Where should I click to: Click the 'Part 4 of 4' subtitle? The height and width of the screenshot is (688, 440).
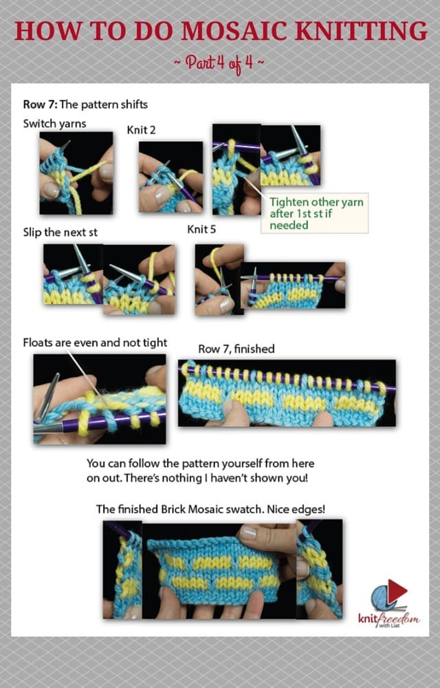pos(219,63)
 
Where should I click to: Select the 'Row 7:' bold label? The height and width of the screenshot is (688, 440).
pos(40,105)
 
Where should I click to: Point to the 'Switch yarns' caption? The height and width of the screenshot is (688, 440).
pos(55,124)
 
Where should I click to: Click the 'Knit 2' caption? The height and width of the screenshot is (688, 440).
pos(141,130)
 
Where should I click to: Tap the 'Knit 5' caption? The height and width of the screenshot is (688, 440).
pos(201,229)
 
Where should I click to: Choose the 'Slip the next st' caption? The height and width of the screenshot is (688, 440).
pos(60,233)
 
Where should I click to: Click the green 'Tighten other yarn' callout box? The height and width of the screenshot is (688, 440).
pos(315,213)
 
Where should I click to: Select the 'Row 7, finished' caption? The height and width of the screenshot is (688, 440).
pos(236,349)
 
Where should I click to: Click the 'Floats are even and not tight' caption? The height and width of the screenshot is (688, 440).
pos(95,343)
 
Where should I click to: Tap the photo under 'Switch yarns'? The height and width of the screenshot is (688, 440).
pos(76,173)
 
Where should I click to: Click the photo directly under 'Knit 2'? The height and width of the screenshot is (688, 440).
pos(171,177)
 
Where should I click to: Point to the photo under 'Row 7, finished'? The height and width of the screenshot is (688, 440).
pos(287,393)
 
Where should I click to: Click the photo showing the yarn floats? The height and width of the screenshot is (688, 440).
pos(100,399)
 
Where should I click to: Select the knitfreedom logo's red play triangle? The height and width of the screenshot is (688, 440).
pos(397,590)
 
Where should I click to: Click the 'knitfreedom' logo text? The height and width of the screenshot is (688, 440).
pos(388,619)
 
